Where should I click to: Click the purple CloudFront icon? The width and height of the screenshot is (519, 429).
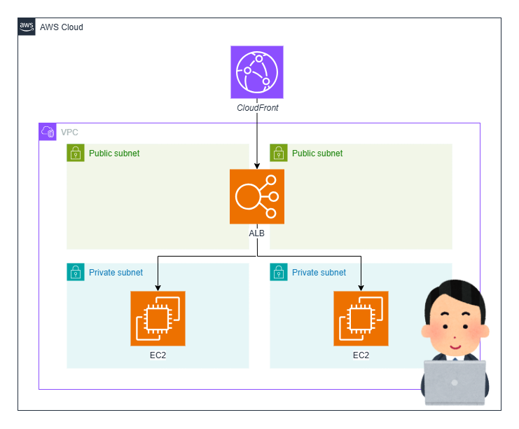point(257,72)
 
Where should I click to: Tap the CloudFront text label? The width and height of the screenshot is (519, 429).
point(257,108)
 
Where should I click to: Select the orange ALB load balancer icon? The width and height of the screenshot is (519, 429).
point(257,196)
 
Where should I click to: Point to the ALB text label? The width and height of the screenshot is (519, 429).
point(257,233)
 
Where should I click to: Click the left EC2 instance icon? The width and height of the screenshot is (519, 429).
point(158,318)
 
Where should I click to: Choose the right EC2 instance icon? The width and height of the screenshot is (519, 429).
point(361,318)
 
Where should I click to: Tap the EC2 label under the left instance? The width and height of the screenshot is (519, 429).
point(158,355)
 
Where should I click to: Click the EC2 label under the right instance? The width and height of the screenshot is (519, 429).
point(361,355)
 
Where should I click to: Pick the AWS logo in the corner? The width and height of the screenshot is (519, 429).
point(27,27)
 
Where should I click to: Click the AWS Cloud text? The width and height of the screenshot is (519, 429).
point(62,27)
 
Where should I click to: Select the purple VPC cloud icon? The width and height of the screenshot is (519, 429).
point(48,132)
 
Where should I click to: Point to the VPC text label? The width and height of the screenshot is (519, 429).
point(69,132)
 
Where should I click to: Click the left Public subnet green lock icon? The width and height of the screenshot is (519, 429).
point(76,153)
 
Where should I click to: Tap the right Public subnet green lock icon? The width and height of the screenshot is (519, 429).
point(279,153)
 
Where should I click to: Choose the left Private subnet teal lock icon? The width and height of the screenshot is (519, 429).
point(76,272)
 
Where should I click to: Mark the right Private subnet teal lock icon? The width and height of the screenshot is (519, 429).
point(279,272)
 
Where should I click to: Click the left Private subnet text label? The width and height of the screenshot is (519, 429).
point(116,273)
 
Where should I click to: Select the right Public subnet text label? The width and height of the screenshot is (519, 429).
point(317,154)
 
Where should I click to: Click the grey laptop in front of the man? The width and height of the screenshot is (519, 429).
point(455,383)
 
